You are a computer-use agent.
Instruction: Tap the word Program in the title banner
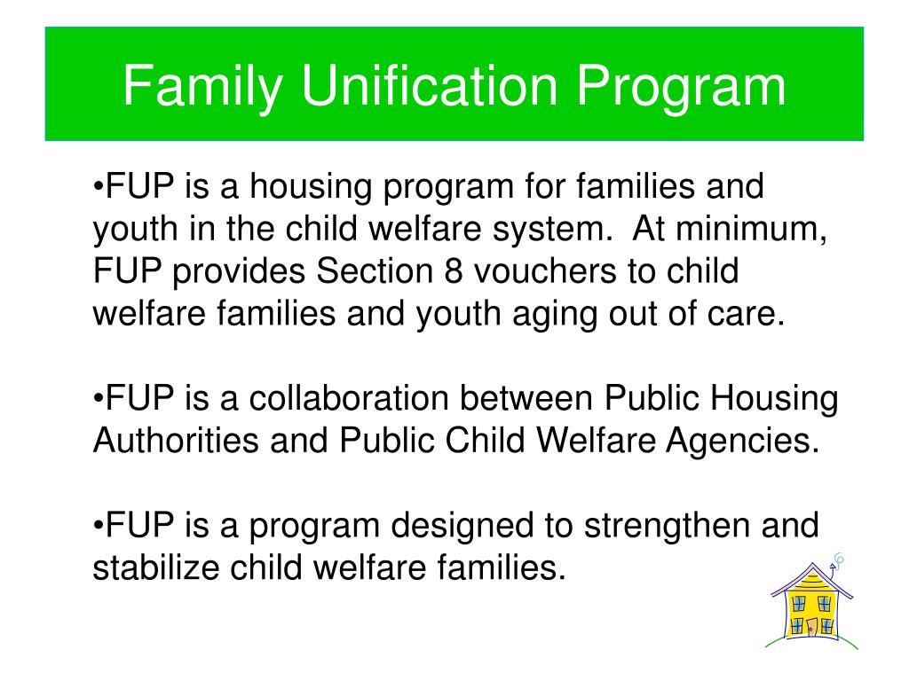click(x=683, y=86)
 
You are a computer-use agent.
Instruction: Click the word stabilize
click(x=154, y=567)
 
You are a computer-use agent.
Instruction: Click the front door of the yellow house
click(x=811, y=626)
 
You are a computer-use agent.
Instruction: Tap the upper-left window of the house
click(x=799, y=604)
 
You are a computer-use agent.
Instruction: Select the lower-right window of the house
click(x=827, y=626)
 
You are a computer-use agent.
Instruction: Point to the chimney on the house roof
click(x=833, y=571)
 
